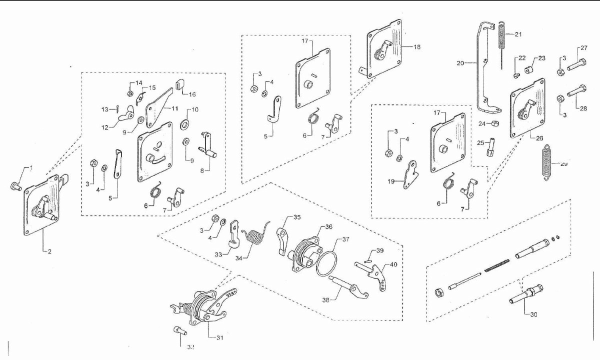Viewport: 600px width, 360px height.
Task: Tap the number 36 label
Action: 328,227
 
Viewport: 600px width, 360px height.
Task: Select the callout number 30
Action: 533,314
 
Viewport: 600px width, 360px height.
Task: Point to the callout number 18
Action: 417,46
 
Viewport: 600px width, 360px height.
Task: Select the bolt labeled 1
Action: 14,186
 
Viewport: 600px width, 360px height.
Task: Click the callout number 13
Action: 104,109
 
